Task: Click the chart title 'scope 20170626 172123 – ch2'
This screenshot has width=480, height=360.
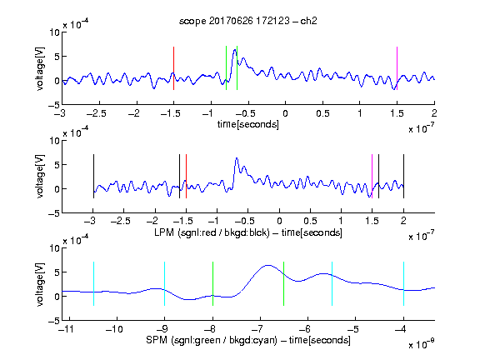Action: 248,21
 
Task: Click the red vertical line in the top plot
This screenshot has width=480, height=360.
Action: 174,68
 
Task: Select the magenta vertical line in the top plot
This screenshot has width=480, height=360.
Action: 397,68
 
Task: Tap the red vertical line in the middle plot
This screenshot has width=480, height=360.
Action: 186,177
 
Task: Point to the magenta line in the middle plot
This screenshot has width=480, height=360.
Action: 372,177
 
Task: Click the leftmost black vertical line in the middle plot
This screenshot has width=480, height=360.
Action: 93,177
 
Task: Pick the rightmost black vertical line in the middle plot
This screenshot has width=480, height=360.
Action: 403,177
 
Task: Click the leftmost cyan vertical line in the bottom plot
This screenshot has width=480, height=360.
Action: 93,284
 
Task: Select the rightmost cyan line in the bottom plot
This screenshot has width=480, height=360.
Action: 403,284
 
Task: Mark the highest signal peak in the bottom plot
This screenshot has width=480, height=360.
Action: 268,265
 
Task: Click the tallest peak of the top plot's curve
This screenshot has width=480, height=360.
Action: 235,50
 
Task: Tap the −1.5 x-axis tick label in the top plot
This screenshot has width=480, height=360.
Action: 170,114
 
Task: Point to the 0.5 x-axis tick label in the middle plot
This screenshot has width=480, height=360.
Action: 310,221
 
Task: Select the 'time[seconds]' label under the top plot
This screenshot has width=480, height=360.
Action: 248,124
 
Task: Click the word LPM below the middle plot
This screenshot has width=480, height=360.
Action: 164,232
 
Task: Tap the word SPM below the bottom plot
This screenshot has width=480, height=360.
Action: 157,340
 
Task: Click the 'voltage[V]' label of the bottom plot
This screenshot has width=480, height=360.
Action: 40,284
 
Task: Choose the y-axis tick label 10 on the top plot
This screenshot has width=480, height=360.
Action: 55,32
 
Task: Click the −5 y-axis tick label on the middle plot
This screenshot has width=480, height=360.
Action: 54,213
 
